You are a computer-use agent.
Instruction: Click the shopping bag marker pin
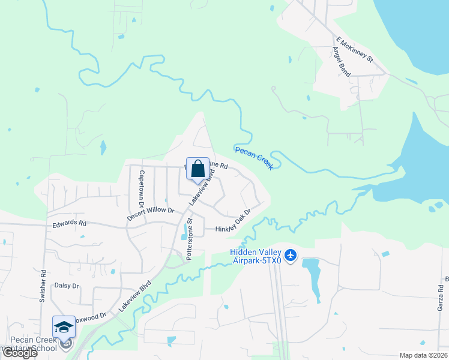tap(197, 170)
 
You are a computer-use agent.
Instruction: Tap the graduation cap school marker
tap(64, 328)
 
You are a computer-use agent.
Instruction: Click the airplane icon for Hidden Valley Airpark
tap(291, 256)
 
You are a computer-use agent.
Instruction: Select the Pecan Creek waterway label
tap(254, 158)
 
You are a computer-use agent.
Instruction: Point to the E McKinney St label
tap(355, 50)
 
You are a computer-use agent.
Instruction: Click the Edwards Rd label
tap(70, 223)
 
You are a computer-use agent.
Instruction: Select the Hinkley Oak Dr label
tap(232, 220)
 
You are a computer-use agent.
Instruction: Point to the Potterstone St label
tap(189, 238)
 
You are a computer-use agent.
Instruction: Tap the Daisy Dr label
tap(67, 286)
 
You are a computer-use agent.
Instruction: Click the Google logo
tap(19, 353)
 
